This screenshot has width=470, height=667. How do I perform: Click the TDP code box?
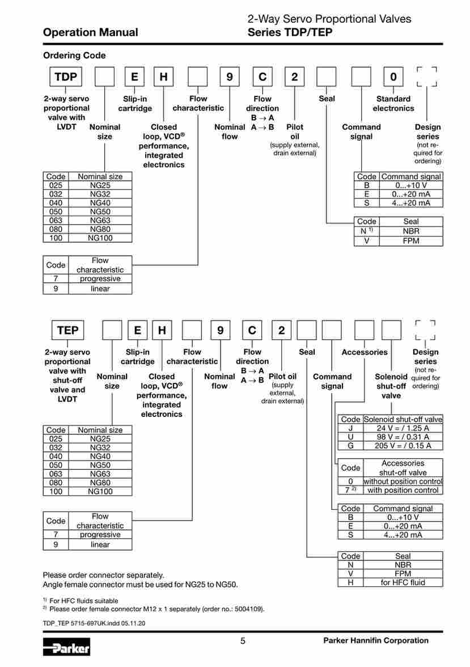pyautogui.click(x=65, y=77)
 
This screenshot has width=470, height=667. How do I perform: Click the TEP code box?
pyautogui.click(x=67, y=330)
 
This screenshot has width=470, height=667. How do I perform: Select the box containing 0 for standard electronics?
pyautogui.click(x=393, y=77)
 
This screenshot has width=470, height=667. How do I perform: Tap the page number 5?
pyautogui.click(x=243, y=641)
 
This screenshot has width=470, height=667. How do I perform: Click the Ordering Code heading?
pyautogui.click(x=74, y=56)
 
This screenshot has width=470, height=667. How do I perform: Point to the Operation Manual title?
pyautogui.click(x=90, y=32)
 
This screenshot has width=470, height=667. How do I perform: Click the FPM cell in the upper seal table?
pyautogui.click(x=411, y=240)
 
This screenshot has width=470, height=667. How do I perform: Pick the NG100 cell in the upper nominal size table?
pyautogui.click(x=100, y=238)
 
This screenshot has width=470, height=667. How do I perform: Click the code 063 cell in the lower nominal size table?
pyautogui.click(x=56, y=474)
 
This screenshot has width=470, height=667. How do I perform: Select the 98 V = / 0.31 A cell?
pyautogui.click(x=402, y=437)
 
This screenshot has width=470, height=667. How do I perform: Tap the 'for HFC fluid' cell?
pyautogui.click(x=402, y=582)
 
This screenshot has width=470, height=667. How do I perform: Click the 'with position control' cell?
pyautogui.click(x=403, y=490)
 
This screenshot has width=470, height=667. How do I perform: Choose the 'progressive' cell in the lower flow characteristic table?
pyautogui.click(x=100, y=534)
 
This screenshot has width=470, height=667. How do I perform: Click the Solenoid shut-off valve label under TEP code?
pyautogui.click(x=391, y=386)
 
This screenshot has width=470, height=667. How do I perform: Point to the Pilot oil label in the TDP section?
pyautogui.click(x=295, y=132)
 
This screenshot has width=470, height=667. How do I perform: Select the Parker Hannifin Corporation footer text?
pyautogui.click(x=375, y=640)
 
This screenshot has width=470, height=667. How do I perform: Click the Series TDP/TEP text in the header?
pyautogui.click(x=290, y=33)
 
